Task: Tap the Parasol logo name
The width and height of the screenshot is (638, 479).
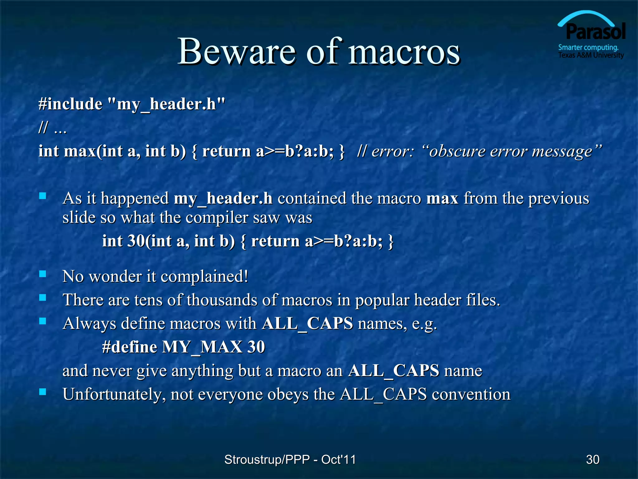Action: pos(596,31)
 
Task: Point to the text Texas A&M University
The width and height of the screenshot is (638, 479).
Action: pos(591,55)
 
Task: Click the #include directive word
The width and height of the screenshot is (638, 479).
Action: pos(70,104)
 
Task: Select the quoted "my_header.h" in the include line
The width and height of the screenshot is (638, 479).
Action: pos(168,104)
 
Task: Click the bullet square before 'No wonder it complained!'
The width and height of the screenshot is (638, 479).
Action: pos(43,274)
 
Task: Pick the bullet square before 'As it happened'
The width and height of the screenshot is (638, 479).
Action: pos(43,196)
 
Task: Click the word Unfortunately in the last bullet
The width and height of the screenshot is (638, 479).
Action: pos(112,394)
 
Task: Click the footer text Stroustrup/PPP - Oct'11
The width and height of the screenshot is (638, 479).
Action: pos(290,459)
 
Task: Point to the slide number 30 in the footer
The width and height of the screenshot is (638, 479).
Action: pos(593,459)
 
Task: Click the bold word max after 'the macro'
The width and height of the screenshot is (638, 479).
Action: pos(442,198)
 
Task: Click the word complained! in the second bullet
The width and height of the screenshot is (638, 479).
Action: pos(204,277)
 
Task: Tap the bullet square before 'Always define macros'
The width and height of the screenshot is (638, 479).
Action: pos(43,321)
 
